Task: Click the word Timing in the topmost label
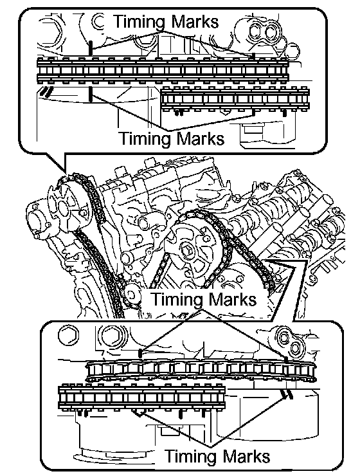[140, 22]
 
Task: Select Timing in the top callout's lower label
[145, 139]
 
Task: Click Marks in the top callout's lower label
[200, 138]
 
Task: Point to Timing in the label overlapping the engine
[177, 299]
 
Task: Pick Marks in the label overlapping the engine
[232, 298]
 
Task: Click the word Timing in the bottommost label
[192, 456]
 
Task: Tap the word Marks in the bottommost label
[246, 456]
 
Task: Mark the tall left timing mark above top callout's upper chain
[90, 48]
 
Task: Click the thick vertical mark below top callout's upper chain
[90, 94]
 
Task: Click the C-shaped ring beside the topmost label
[98, 22]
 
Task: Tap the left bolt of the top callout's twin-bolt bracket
[255, 32]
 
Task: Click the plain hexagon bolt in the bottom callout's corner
[68, 336]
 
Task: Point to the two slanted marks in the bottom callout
[287, 394]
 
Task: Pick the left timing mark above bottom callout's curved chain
[139, 353]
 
